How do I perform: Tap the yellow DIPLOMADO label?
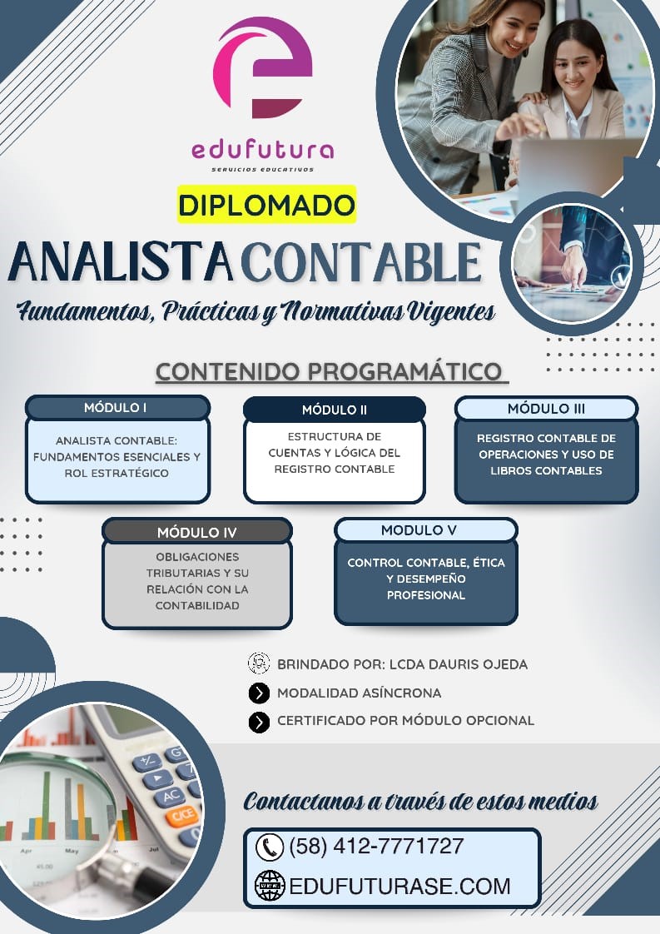point(266,205)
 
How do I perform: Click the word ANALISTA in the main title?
point(121,262)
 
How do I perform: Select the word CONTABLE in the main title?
point(361,262)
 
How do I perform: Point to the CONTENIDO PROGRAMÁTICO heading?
point(330,371)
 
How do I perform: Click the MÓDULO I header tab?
point(117,408)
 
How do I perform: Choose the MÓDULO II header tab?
point(334,410)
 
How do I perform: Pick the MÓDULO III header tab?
point(546,409)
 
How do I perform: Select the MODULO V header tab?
point(425,530)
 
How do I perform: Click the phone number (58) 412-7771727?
point(375,847)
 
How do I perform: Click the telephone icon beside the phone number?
point(270,847)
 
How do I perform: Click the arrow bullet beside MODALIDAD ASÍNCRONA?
point(259,693)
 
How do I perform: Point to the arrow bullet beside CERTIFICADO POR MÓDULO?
point(259,722)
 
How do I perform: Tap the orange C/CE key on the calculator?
point(182,816)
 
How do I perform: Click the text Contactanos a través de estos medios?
point(420,801)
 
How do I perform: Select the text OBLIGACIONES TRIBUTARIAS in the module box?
point(196,564)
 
